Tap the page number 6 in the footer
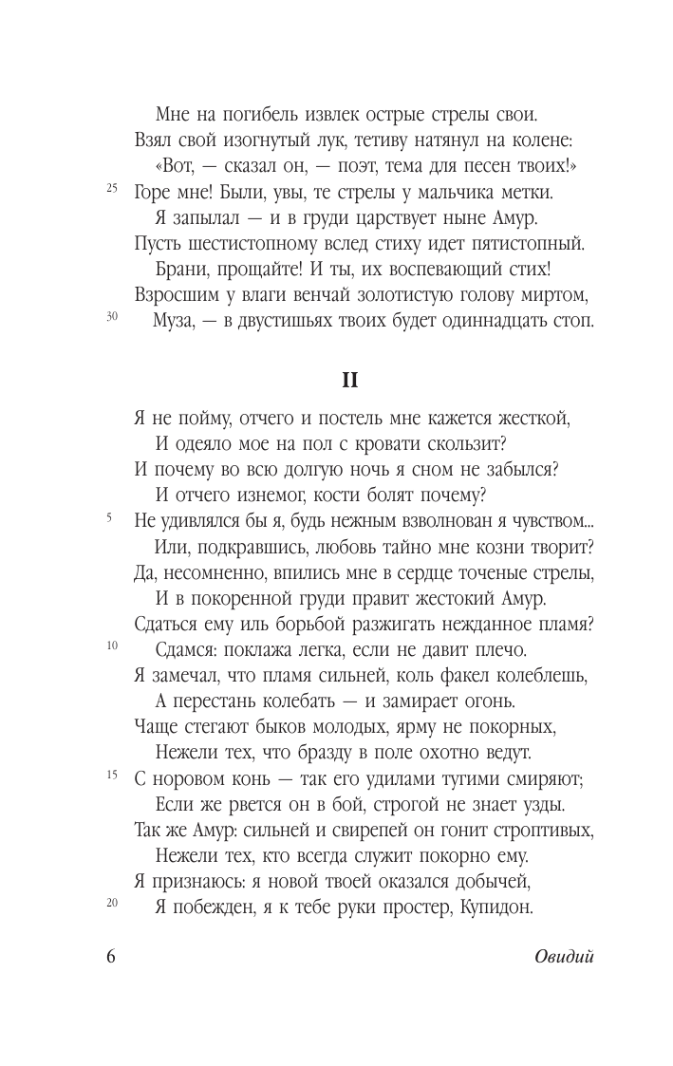tap(110, 956)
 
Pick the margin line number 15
tap(112, 776)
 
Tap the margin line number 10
tap(112, 646)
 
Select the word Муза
tap(176, 320)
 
